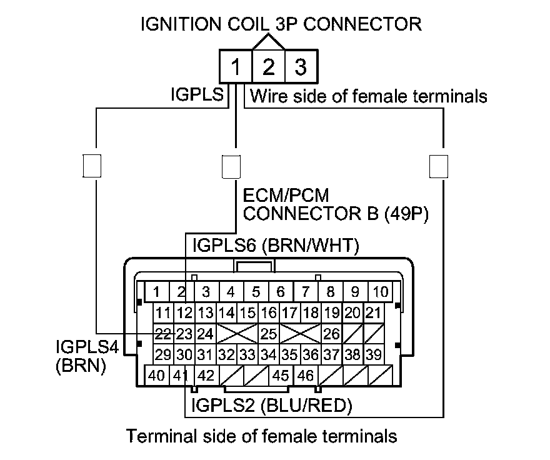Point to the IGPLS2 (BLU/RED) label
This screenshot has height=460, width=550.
(x=272, y=406)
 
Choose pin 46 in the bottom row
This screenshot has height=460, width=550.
(x=305, y=376)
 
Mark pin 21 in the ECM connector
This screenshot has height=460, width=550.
(x=374, y=312)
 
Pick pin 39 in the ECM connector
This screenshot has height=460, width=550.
(x=374, y=355)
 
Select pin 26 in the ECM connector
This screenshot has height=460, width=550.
(x=331, y=334)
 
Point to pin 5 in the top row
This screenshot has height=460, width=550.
(x=256, y=292)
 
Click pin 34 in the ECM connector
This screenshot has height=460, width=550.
(x=269, y=355)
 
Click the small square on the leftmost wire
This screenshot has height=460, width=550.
(x=93, y=165)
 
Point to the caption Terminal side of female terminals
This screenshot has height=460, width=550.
(x=262, y=436)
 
